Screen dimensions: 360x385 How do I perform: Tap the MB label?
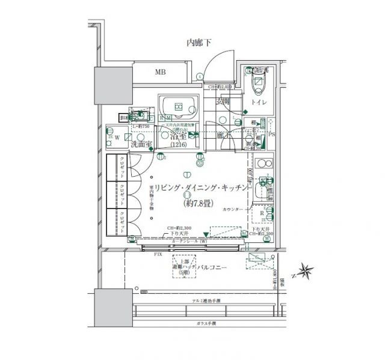coord(159,72)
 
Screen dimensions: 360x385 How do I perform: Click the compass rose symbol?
coord(306,271)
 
